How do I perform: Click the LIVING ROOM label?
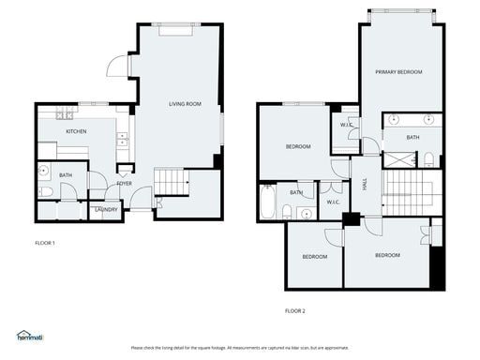pyautogui.click(x=185, y=104)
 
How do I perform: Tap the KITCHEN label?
pyautogui.click(x=77, y=131)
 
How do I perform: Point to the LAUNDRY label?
pyautogui.click(x=107, y=209)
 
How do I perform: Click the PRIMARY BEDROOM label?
pyautogui.click(x=398, y=72)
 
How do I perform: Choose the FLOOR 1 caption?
pyautogui.click(x=45, y=243)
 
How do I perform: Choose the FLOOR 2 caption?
pyautogui.click(x=295, y=310)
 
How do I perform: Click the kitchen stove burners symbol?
pyautogui.click(x=66, y=115)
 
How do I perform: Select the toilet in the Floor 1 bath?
pyautogui.click(x=45, y=191)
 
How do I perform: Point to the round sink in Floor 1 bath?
pyautogui.click(x=44, y=171)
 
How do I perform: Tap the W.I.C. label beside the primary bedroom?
pyautogui.click(x=346, y=124)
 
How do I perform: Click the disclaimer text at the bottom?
pyautogui.click(x=239, y=347)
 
